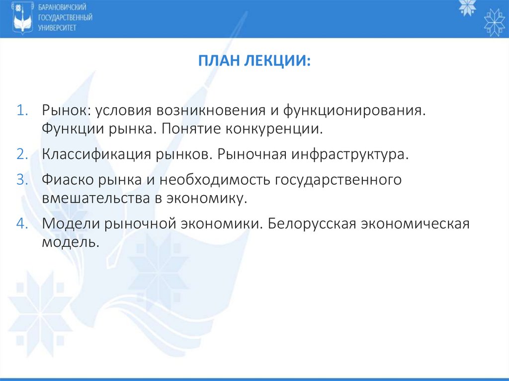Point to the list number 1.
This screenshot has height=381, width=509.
24,109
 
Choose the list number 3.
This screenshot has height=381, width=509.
24,179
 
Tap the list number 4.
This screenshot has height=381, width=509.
24,223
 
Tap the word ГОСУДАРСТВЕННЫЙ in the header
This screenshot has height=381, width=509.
65,18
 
